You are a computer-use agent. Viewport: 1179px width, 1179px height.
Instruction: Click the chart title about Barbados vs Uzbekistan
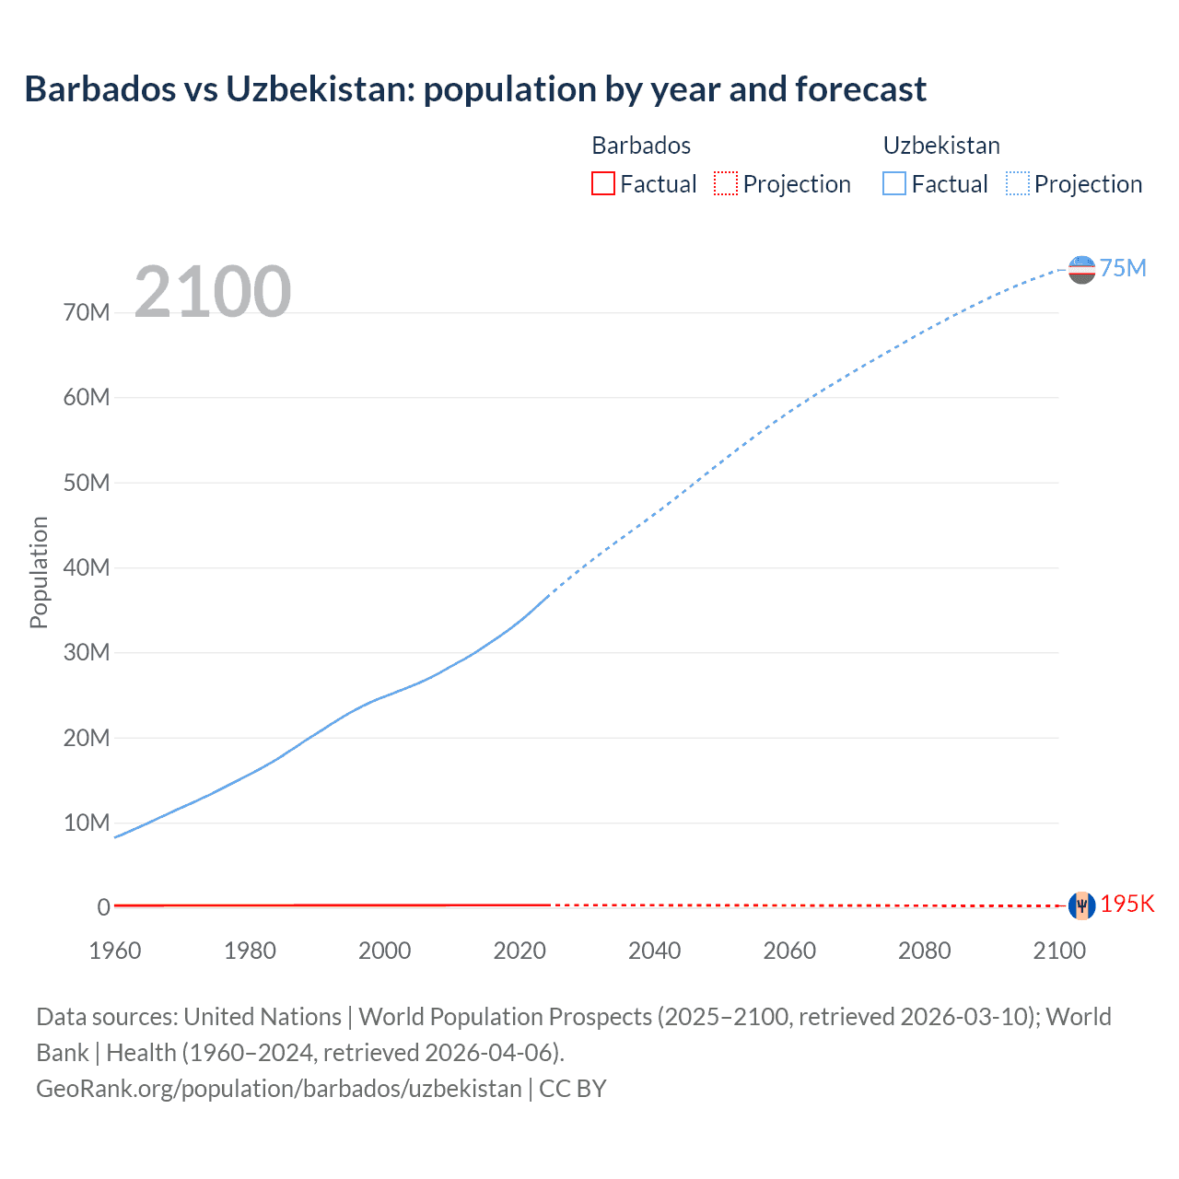click(x=474, y=89)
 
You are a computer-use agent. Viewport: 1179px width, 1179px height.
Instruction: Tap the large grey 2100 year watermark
click(x=213, y=292)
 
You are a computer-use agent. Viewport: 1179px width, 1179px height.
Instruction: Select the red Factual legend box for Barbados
click(x=602, y=183)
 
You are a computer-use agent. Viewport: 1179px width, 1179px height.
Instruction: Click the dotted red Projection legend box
click(x=726, y=183)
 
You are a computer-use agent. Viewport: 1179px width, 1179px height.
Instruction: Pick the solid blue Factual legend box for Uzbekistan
click(x=894, y=183)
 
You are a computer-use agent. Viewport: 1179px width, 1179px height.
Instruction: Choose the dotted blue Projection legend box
click(x=1018, y=183)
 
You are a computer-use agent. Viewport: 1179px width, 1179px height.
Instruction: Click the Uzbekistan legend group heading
click(x=941, y=146)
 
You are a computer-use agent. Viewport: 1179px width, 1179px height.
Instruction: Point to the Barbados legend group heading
click(x=641, y=146)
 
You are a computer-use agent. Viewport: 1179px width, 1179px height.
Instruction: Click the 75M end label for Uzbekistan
click(x=1123, y=268)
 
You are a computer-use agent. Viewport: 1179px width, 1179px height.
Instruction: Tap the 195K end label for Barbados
click(x=1127, y=904)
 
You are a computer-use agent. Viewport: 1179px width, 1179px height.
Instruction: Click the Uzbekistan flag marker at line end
click(x=1081, y=270)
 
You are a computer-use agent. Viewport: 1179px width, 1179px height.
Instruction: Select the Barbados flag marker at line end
click(x=1081, y=905)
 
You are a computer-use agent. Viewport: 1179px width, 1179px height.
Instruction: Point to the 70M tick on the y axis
click(x=87, y=312)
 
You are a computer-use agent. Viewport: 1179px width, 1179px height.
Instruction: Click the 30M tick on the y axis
click(x=87, y=652)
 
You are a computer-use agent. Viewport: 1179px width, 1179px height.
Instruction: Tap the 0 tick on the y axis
click(x=103, y=907)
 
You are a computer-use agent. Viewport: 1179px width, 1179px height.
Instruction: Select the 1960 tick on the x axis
click(x=115, y=951)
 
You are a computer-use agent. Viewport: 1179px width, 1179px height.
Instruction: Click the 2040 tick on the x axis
click(x=654, y=951)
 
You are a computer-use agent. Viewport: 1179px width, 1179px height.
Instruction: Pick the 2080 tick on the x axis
click(x=924, y=951)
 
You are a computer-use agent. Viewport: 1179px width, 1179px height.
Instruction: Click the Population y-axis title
click(x=39, y=572)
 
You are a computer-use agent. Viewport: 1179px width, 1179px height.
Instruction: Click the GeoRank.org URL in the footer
click(x=279, y=1089)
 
